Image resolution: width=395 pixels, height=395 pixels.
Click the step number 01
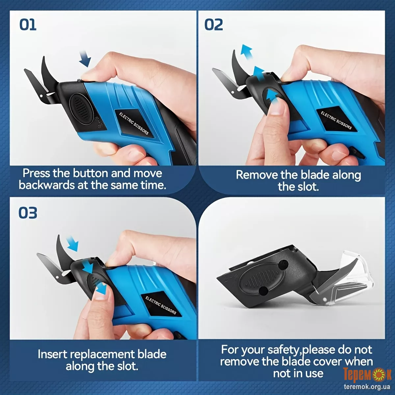coord(28,25)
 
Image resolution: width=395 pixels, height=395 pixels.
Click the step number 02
coord(214,25)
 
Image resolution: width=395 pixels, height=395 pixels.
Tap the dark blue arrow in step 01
coord(85,59)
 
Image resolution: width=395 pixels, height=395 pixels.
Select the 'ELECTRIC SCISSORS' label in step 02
coord(336,120)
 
